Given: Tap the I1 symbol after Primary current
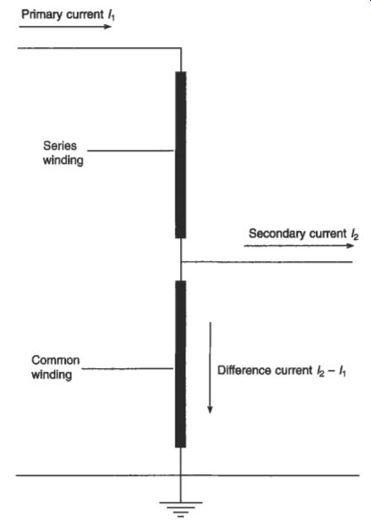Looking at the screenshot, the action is [111, 15].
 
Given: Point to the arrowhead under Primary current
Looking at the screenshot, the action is [107, 26].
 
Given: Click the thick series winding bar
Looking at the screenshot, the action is [180, 154].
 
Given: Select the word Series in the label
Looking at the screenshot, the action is [60, 146].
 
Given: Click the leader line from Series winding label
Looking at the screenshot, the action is [130, 151].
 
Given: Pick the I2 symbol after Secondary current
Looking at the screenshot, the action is [354, 234].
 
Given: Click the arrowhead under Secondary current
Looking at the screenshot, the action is [350, 245].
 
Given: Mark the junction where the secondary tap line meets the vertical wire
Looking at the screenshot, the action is [181, 261].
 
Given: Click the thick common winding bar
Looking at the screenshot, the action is [180, 364].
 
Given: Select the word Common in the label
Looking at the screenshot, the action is [55, 360].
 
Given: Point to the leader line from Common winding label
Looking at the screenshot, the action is [128, 369].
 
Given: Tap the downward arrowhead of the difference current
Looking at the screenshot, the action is [210, 409].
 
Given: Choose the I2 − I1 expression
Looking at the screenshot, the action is [331, 371].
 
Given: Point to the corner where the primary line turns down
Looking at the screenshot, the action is [181, 48].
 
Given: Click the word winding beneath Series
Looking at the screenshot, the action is [63, 160].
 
